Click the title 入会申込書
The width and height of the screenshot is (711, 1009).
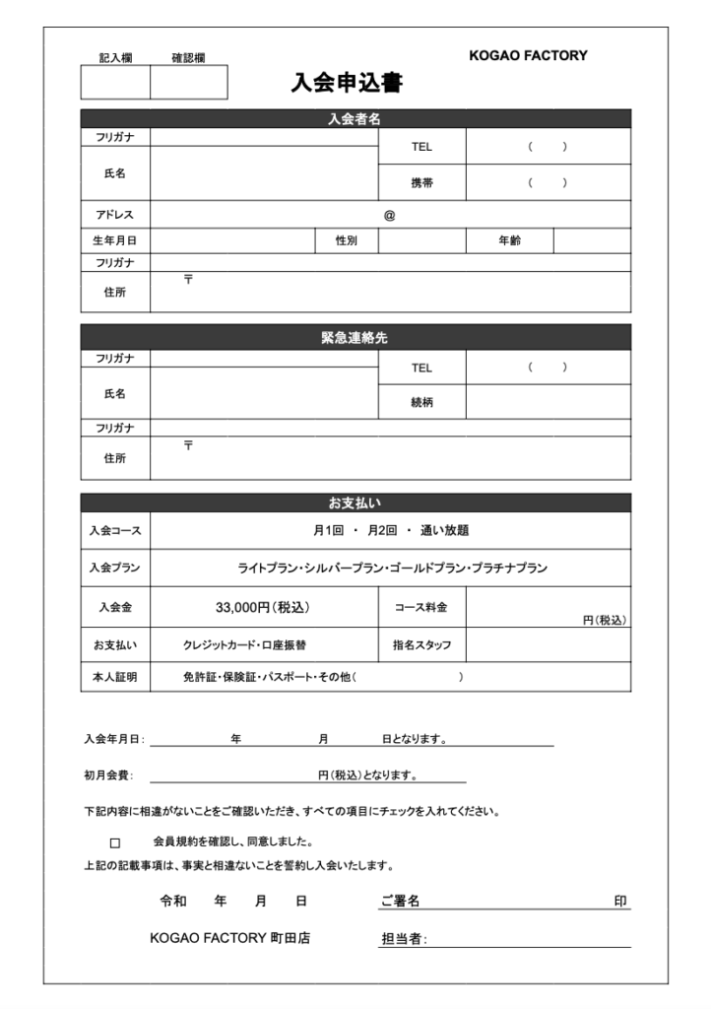[347, 83]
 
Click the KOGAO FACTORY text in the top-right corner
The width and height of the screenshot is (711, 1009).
[528, 56]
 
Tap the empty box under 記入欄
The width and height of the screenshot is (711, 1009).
[115, 83]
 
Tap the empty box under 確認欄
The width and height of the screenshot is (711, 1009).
[188, 83]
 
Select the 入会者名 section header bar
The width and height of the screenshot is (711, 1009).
[355, 118]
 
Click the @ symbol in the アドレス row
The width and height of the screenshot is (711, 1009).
[389, 215]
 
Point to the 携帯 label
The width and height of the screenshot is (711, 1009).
[421, 182]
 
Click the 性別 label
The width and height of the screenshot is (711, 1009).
[346, 240]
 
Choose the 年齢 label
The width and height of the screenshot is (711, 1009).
[509, 240]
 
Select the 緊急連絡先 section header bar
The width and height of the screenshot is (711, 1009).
[355, 337]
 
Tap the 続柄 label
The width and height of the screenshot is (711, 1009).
[421, 401]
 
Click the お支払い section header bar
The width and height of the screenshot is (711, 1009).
[355, 503]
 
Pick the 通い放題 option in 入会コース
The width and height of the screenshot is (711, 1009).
[445, 530]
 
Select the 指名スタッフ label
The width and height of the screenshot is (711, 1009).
[421, 645]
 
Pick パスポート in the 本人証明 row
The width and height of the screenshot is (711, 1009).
[290, 677]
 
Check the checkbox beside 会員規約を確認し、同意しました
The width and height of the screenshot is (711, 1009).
[114, 843]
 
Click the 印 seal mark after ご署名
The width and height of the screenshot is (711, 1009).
[620, 901]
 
